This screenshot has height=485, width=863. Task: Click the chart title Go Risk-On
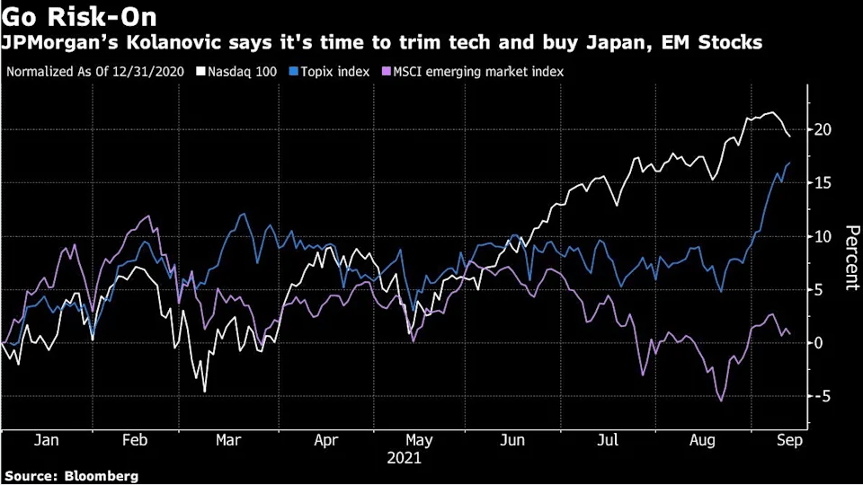[x=79, y=18]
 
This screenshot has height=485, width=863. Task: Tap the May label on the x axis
[x=419, y=441]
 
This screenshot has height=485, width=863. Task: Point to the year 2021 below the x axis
[x=404, y=457]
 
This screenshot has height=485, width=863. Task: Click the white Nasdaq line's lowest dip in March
[x=205, y=392]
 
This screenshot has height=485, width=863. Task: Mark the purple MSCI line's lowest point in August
[x=721, y=401]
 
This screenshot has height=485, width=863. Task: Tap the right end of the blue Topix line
[x=789, y=163]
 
